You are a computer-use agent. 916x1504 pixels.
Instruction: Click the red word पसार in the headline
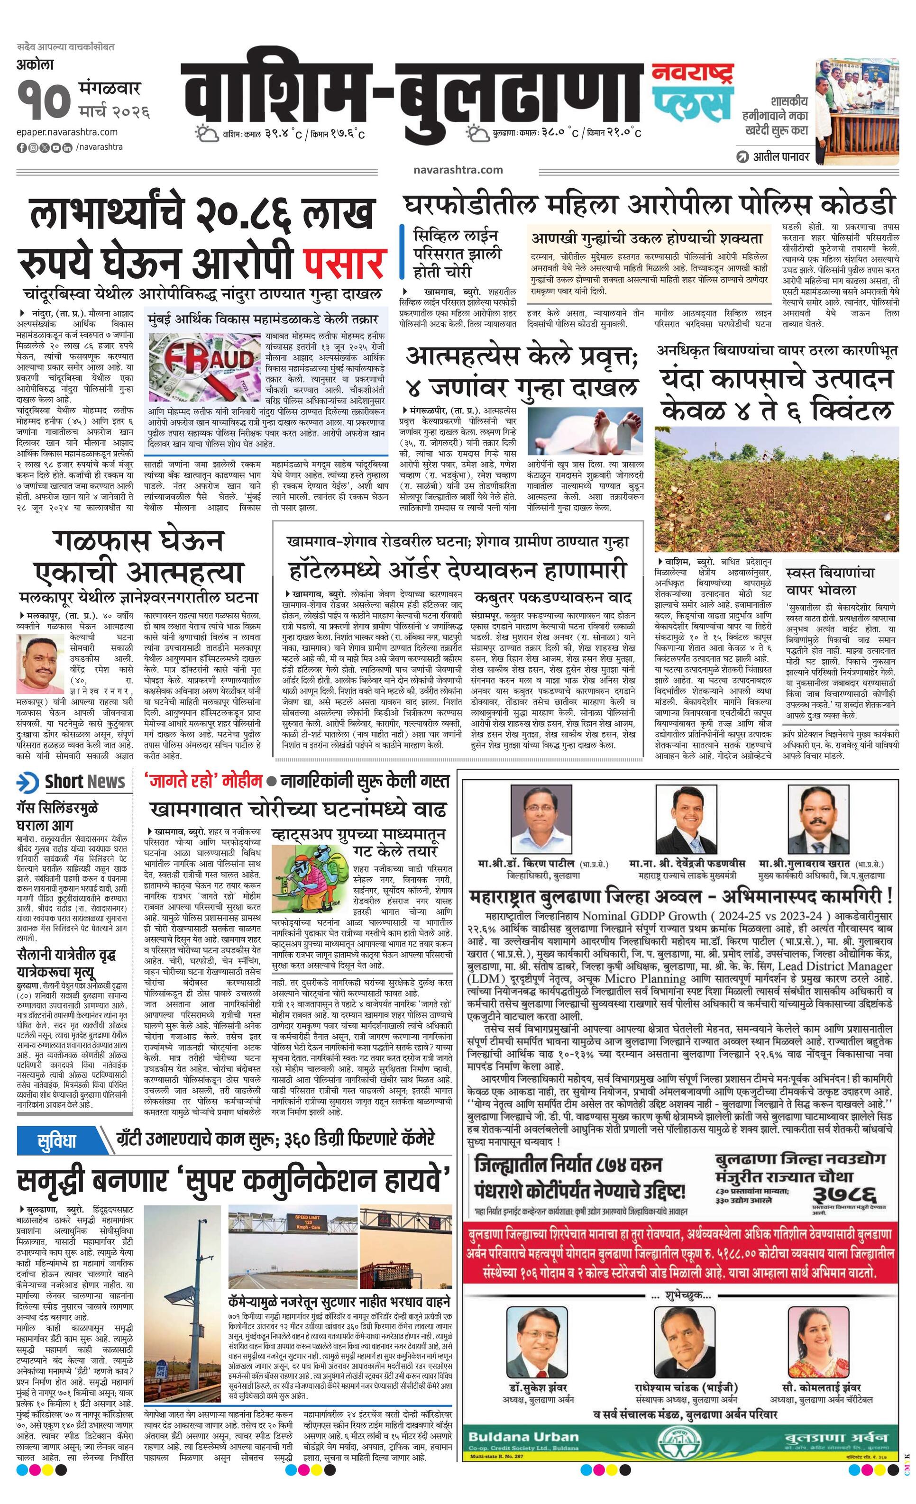click(x=346, y=261)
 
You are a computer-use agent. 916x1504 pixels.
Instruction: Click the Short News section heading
click(x=84, y=781)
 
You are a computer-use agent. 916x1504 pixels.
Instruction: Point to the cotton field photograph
click(x=776, y=488)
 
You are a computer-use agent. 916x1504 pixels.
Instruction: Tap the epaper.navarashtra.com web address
click(x=67, y=132)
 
